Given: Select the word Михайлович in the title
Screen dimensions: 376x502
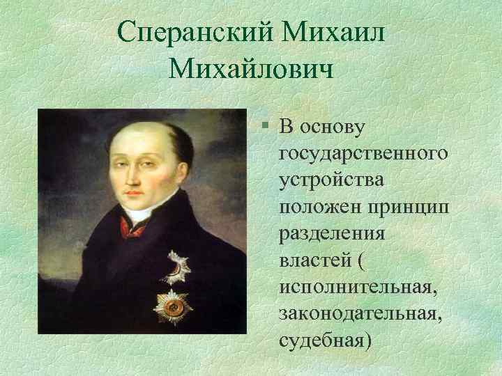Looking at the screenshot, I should point(251,70).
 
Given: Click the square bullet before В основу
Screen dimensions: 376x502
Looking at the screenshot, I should point(267,126).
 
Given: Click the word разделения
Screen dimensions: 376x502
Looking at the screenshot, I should point(326,234).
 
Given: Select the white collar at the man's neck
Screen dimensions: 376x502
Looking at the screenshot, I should point(143,216).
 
